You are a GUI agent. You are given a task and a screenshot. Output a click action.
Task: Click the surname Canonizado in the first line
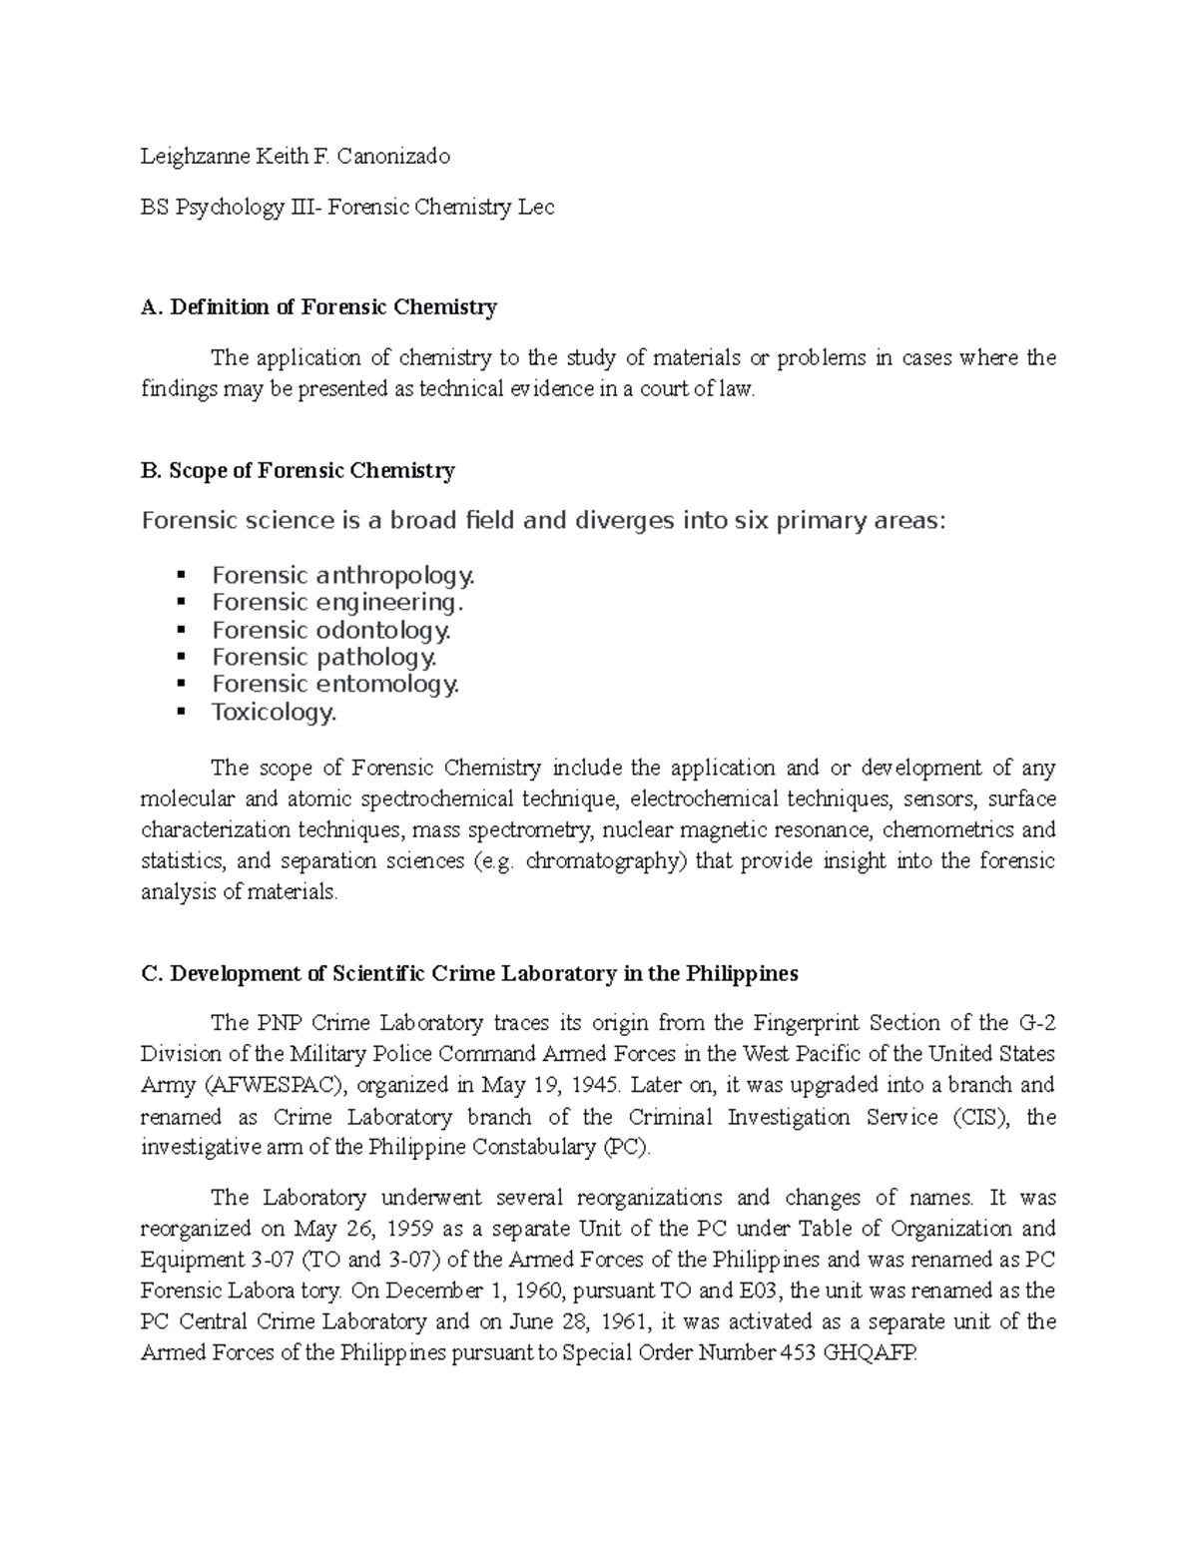tap(393, 156)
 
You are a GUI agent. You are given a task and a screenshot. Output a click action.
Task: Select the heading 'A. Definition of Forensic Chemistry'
tap(319, 307)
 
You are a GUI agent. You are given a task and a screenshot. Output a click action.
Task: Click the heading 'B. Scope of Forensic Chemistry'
tap(299, 470)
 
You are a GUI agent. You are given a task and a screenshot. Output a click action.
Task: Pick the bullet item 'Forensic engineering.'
tap(337, 602)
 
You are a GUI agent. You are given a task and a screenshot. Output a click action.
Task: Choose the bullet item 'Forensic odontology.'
tap(331, 630)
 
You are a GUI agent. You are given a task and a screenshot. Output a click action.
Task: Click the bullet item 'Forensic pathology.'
tap(324, 657)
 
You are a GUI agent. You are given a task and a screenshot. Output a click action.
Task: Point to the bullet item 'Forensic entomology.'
tap(335, 684)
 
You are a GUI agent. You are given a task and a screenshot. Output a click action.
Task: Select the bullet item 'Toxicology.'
tap(275, 712)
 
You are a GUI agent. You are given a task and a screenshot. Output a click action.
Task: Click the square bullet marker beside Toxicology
tap(181, 711)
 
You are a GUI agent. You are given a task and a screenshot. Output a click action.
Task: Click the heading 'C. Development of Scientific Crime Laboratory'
tap(469, 973)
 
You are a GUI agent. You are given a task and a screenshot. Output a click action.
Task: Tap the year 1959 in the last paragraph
tap(411, 1229)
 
